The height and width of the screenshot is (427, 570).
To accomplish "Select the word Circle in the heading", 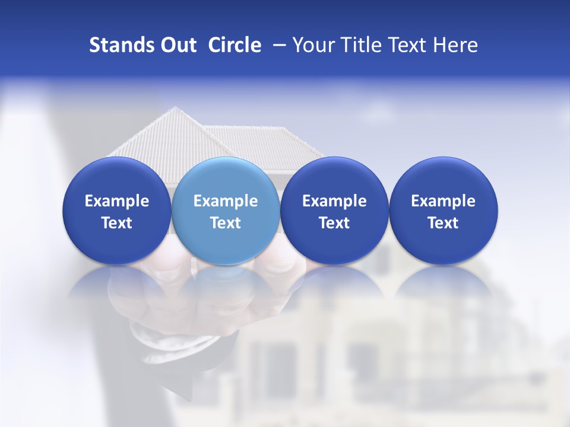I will (x=235, y=45).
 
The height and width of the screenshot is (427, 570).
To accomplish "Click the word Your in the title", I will (x=312, y=45).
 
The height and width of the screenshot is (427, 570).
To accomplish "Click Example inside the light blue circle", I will (x=226, y=201).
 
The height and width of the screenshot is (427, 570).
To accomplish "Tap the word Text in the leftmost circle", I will (x=116, y=223).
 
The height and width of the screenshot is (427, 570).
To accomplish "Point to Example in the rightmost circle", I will (x=444, y=201).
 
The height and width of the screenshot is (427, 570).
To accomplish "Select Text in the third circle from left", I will (x=334, y=223).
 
